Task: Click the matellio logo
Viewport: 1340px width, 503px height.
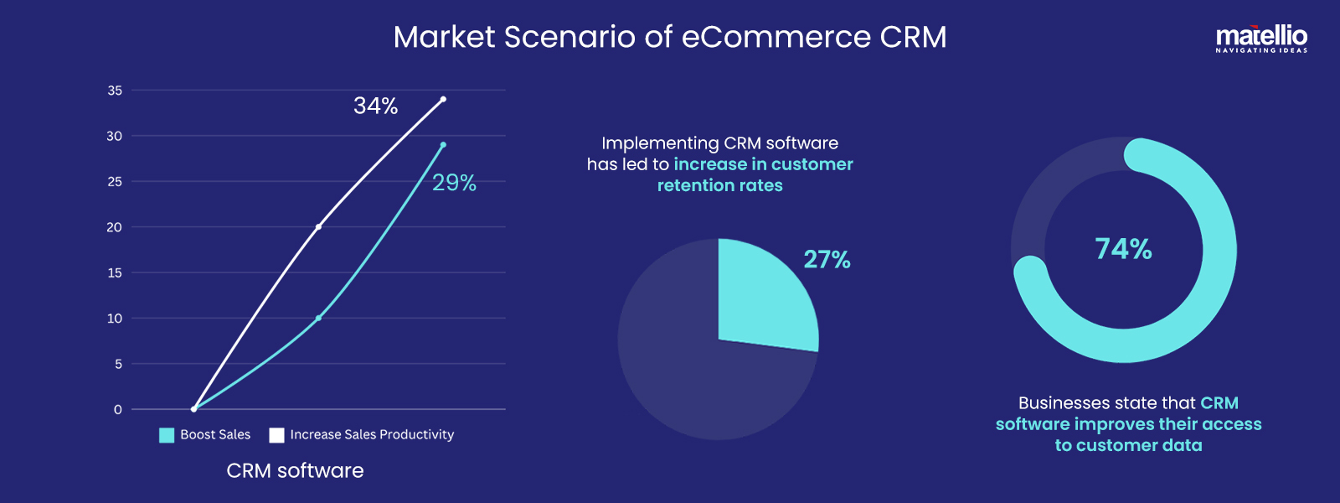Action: (1261, 39)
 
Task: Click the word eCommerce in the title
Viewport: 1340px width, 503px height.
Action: (776, 37)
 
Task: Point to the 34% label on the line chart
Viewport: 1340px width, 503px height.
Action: (375, 106)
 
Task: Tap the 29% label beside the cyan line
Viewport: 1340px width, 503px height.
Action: (454, 183)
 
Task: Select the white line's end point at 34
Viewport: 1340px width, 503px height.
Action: (443, 99)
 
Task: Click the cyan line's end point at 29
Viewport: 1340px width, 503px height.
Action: (443, 144)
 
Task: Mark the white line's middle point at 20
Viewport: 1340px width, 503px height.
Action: (318, 226)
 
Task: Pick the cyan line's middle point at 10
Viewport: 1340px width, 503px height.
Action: (318, 318)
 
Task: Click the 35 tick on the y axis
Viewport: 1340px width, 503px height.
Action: (115, 91)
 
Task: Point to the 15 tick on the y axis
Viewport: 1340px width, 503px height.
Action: (115, 272)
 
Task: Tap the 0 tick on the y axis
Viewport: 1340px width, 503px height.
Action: (118, 410)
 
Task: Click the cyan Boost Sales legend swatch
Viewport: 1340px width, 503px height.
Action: (167, 435)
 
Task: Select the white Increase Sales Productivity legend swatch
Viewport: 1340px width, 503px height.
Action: (276, 435)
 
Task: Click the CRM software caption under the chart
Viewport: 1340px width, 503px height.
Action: (295, 470)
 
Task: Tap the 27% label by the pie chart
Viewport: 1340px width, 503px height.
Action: (827, 260)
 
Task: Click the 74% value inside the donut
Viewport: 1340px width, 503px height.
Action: (1123, 249)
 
